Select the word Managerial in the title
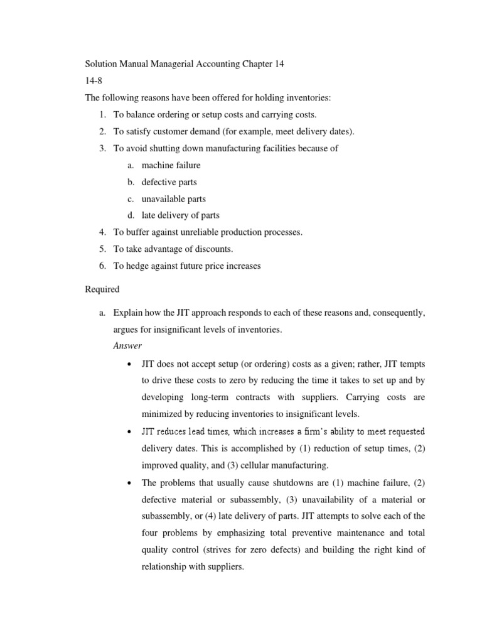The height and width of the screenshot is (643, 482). coord(166,65)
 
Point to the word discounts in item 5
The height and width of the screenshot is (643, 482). coord(206,249)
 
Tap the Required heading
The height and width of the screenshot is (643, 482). coord(102,290)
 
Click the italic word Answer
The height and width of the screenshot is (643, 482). coord(127,345)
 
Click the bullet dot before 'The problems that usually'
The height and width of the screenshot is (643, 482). coord(129,483)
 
